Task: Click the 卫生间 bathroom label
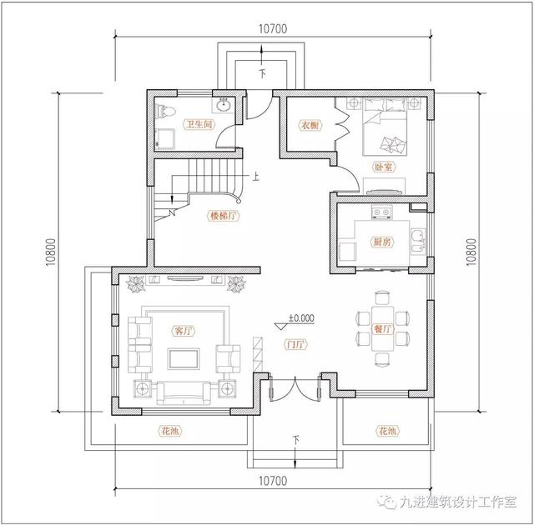click(199, 124)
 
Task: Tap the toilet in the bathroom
click(165, 111)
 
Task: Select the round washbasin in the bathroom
click(224, 104)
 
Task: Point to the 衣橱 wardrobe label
click(310, 125)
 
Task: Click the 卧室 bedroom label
click(384, 167)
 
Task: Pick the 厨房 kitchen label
click(382, 242)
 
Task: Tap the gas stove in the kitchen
click(381, 212)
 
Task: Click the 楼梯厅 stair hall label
click(224, 216)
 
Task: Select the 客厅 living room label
click(184, 331)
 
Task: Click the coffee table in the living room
click(184, 358)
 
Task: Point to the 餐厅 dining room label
click(383, 329)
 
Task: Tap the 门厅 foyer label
click(295, 344)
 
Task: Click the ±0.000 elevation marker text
click(301, 318)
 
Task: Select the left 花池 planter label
click(170, 431)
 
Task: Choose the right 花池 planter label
click(387, 431)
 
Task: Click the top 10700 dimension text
click(273, 29)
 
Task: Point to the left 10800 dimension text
click(51, 252)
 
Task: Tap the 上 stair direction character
click(255, 177)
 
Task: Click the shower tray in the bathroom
click(165, 139)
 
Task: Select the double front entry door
click(295, 387)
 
